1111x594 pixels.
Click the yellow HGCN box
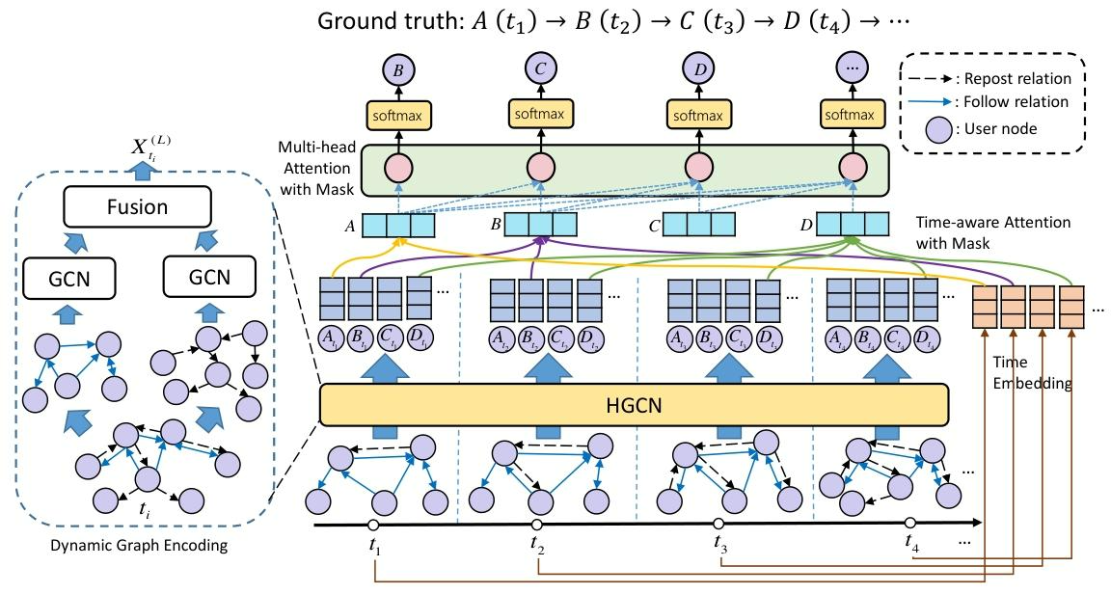pos(633,402)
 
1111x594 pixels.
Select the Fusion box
pos(137,207)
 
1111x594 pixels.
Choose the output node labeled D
pos(697,70)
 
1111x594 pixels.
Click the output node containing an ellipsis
pos(850,70)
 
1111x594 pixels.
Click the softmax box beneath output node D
pos(697,115)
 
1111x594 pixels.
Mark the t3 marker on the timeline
pos(718,524)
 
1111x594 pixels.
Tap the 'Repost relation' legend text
pos(1016,79)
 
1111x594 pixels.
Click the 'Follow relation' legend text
pos(1016,101)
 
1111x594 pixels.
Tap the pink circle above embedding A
pos(397,169)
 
